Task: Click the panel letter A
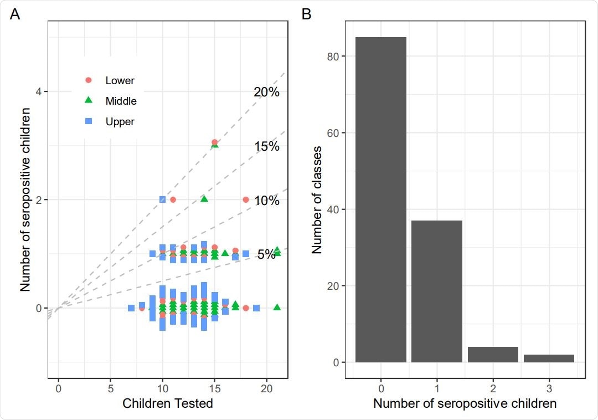[x=15, y=14]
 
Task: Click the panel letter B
[x=306, y=14]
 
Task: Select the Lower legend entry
[x=120, y=80]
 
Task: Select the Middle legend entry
[x=121, y=101]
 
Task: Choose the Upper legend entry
[x=120, y=121]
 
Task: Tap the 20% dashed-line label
[x=267, y=92]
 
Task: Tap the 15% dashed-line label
[x=267, y=146]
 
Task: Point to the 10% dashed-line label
[x=267, y=201]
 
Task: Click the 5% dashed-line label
[x=266, y=254]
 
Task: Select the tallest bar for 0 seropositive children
[x=381, y=199]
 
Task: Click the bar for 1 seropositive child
[x=437, y=291]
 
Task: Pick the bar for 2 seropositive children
[x=493, y=355]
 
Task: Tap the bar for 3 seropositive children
[x=549, y=358]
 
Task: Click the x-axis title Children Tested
[x=168, y=403]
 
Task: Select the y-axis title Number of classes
[x=317, y=199]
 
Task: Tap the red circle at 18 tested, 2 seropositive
[x=246, y=199]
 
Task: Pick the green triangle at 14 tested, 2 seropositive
[x=204, y=199]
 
